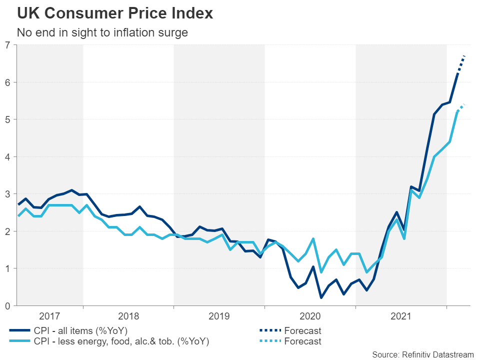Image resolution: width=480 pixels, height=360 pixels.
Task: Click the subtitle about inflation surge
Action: (x=102, y=33)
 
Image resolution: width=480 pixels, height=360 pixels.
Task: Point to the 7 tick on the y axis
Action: (x=7, y=45)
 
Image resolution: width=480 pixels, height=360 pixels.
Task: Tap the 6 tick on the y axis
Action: (x=7, y=82)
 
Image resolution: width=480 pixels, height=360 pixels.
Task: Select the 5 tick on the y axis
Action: (x=7, y=119)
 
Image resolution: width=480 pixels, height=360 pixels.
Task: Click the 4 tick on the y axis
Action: (x=7, y=156)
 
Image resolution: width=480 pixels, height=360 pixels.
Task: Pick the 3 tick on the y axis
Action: (x=7, y=194)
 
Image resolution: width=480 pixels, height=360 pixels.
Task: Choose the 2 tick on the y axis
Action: (x=7, y=231)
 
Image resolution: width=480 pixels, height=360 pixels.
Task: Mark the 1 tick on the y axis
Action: (x=7, y=268)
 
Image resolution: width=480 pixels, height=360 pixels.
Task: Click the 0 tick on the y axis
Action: (x=7, y=305)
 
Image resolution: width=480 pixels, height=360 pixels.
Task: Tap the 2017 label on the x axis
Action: (x=50, y=316)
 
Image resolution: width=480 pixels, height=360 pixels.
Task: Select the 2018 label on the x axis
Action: (x=128, y=316)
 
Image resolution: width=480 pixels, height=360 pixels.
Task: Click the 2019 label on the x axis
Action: (x=219, y=316)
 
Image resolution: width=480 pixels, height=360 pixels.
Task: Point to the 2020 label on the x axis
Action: (x=310, y=316)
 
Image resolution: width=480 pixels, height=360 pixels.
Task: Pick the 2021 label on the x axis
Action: (x=400, y=316)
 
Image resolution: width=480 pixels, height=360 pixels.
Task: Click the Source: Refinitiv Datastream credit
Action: (x=422, y=354)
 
